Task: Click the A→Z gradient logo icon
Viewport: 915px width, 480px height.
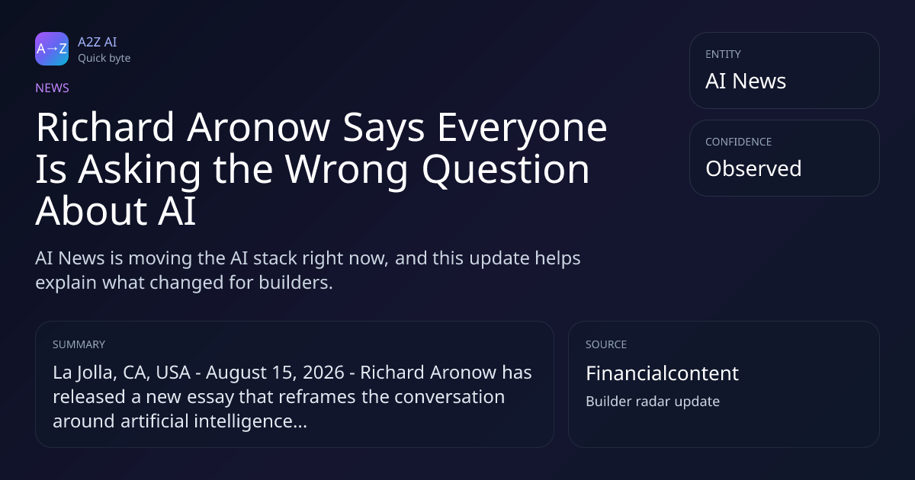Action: [x=52, y=49]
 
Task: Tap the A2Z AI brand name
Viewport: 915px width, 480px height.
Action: [x=98, y=42]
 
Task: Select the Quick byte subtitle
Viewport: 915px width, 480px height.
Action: [x=104, y=59]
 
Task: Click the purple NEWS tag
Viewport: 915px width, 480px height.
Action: [x=53, y=88]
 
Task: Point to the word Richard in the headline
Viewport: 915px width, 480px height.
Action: [x=105, y=127]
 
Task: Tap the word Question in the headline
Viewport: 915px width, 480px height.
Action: [x=506, y=170]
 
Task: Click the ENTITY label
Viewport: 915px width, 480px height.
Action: [x=723, y=54]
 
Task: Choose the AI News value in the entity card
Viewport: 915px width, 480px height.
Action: [x=746, y=81]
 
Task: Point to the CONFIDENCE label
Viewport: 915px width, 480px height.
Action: [x=739, y=142]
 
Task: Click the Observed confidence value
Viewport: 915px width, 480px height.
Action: [x=753, y=168]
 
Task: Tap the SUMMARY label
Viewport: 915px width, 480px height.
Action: [x=79, y=344]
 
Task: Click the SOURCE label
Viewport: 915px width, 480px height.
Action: [x=606, y=344]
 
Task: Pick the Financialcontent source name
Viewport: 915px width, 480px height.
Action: [x=662, y=373]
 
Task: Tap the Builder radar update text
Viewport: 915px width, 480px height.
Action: [x=653, y=402]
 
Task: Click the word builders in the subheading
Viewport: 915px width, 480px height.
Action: [x=296, y=283]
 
